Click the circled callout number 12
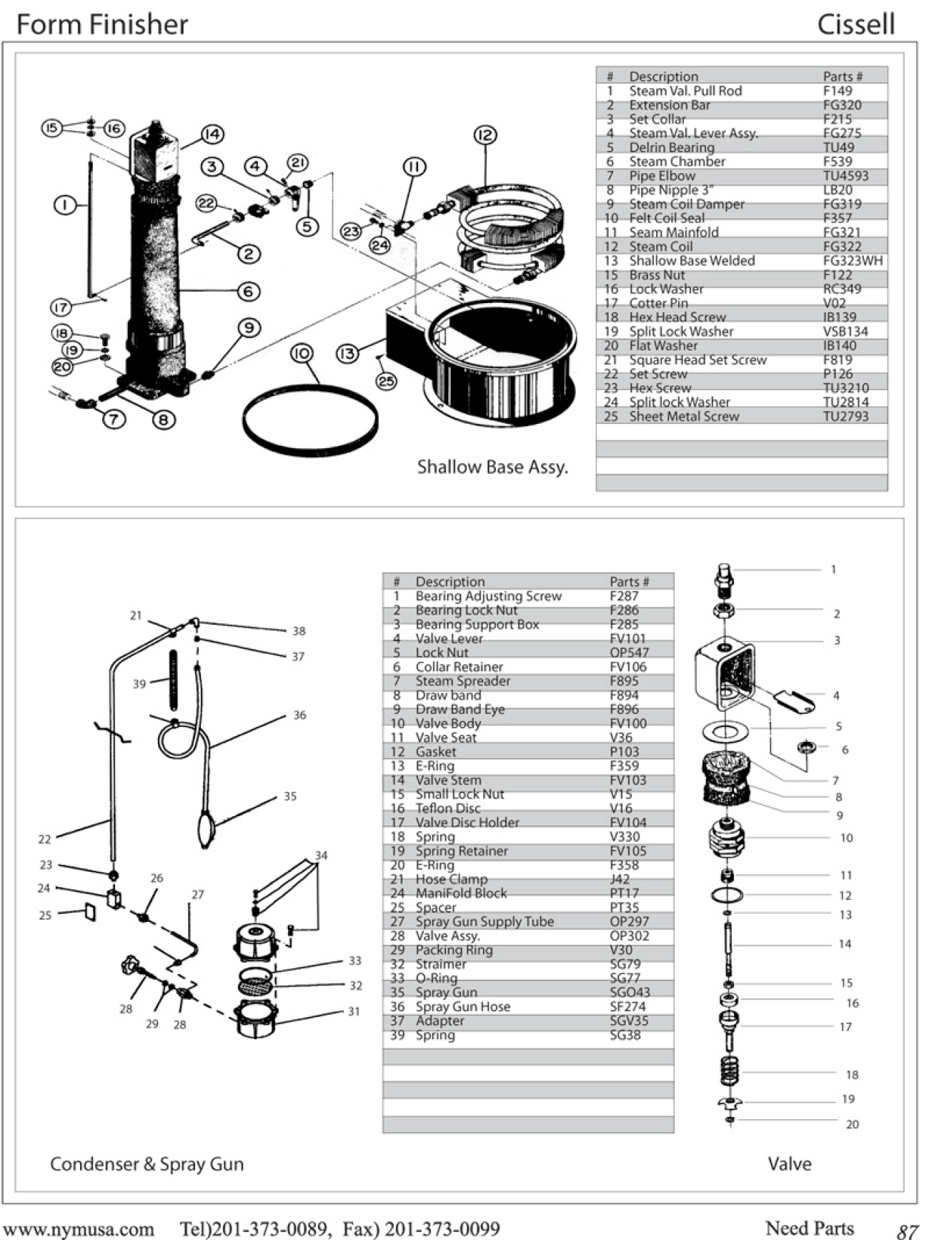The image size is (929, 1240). [x=485, y=135]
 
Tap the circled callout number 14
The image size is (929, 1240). [x=212, y=134]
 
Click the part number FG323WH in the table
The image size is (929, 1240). [x=853, y=261]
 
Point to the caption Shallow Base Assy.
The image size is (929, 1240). [x=492, y=467]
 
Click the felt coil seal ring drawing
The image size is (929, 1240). [x=310, y=420]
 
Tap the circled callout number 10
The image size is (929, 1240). [x=302, y=353]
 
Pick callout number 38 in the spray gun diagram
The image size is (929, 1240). [x=299, y=631]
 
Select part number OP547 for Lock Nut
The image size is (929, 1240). [x=629, y=653]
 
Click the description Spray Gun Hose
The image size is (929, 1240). [x=463, y=1006]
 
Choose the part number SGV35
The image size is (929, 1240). [x=629, y=1021]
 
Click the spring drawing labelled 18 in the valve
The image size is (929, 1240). [x=730, y=1070]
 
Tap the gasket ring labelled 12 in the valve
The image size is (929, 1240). [x=727, y=895]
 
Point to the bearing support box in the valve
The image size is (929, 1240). [x=724, y=675]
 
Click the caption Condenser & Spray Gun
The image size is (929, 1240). [x=146, y=1164]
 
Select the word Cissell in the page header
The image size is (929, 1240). [x=855, y=25]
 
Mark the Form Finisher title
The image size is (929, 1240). [x=102, y=25]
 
